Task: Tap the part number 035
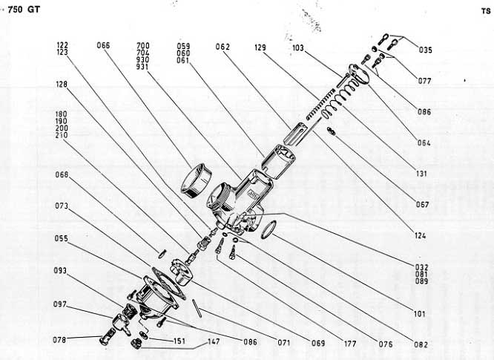click(446, 50)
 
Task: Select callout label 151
click(179, 341)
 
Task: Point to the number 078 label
click(62, 340)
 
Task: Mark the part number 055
click(62, 239)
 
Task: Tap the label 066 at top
click(103, 45)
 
